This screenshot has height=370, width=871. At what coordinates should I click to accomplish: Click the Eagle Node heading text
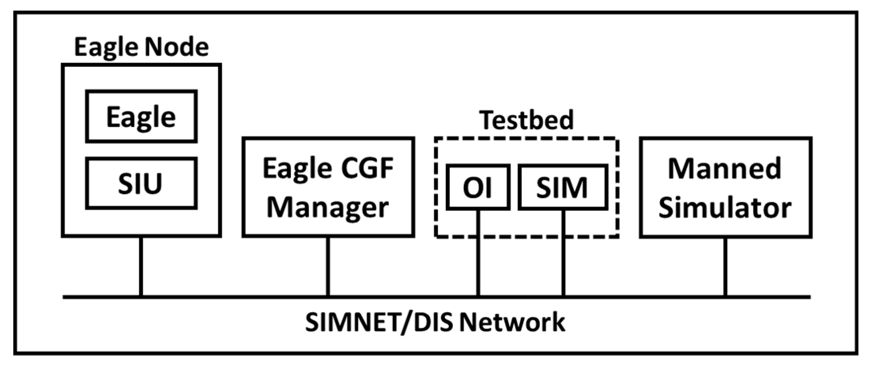141,47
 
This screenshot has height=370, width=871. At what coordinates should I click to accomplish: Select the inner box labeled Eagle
141,117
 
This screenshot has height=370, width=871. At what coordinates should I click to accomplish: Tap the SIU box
141,184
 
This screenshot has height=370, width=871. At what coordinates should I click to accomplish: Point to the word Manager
328,207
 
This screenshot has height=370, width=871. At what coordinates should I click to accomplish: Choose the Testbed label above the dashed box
526,120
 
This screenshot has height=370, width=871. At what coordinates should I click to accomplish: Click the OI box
477,187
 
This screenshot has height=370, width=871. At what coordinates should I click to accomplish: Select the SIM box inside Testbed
562,187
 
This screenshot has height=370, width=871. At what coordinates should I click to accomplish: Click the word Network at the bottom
512,322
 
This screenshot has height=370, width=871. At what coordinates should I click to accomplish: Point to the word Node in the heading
176,47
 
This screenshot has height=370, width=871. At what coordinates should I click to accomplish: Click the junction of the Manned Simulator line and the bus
725,296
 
